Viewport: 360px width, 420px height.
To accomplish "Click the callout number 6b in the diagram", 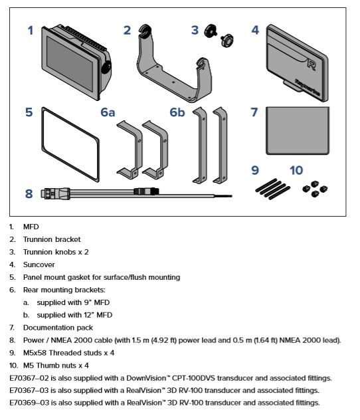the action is point(177,112).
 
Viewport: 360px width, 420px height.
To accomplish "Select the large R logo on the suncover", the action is point(311,64).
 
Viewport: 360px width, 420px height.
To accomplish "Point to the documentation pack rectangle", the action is point(298,131).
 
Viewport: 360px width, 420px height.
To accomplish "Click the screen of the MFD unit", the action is point(70,64).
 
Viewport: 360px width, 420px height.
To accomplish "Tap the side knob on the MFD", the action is point(106,67).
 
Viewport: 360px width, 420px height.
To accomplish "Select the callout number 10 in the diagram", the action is point(296,170).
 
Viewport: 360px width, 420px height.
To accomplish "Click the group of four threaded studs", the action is point(272,189).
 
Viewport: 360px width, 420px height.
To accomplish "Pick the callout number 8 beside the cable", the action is point(29,194).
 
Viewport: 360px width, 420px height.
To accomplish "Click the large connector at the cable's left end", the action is point(55,193).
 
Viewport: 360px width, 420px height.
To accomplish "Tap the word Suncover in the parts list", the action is point(39,264).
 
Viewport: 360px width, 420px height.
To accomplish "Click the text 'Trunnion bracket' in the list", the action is point(52,239).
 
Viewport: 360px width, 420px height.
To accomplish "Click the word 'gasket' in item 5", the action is point(78,278).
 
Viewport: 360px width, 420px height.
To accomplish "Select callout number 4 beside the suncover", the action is point(255,30).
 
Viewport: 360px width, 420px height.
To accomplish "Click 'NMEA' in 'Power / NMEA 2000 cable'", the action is point(61,340).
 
